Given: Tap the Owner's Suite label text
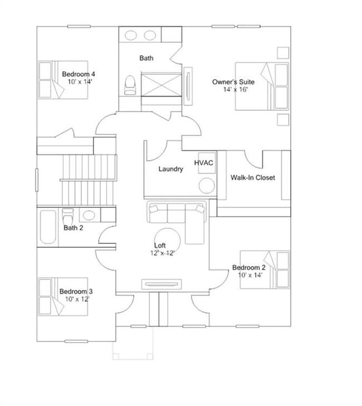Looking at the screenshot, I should point(233,82).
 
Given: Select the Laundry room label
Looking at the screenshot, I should point(170,169).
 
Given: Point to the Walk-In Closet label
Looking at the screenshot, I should point(253,178).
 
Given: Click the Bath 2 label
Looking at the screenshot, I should point(74,227).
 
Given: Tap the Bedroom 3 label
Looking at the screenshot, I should point(76,291).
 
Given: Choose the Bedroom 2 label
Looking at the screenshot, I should point(249,267).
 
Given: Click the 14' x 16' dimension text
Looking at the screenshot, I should point(235,90).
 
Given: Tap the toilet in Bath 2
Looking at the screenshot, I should point(67,215).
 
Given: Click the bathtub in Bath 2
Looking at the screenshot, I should point(47,227).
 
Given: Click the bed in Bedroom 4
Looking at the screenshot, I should point(63,80).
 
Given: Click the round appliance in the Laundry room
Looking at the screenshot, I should point(207,185).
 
